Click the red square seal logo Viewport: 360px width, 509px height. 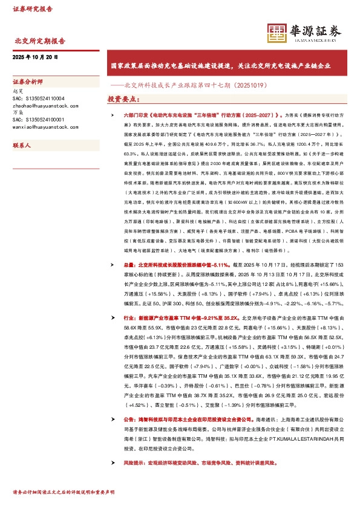(x=277, y=34)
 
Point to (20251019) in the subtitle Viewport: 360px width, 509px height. (x=248, y=85)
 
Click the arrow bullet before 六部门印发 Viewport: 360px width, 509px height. (x=110, y=114)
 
